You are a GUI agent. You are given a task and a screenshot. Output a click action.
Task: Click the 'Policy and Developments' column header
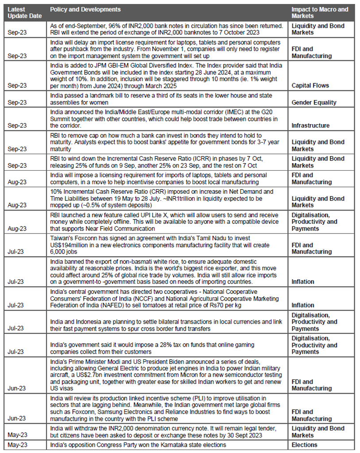pos(85,9)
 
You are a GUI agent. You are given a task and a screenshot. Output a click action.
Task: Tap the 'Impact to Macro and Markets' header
pos(320,12)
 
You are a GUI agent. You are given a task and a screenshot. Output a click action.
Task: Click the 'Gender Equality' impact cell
pos(314,102)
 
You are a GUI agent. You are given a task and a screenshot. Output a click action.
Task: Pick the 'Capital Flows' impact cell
pos(310,86)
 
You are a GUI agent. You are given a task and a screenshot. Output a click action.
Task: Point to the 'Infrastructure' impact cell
pos(310,125)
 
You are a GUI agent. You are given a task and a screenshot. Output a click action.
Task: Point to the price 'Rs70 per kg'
pos(221,305)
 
